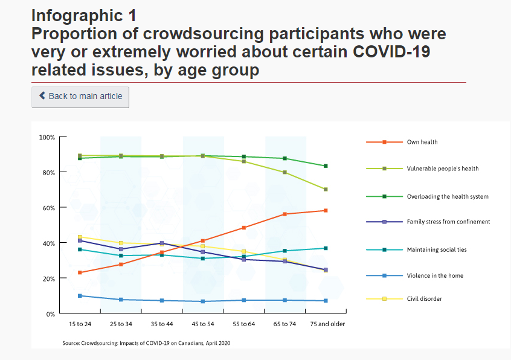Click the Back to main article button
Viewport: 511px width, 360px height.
coord(80,96)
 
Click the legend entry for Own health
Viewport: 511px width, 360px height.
coord(422,142)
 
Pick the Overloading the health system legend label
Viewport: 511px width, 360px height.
coord(447,196)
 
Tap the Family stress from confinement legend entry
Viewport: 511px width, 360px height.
coord(448,222)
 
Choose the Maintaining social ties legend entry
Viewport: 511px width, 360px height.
coord(436,249)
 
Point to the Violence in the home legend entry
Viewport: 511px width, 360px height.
coord(434,275)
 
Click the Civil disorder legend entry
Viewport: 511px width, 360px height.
coord(424,298)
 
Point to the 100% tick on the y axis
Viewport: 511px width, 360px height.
coord(47,138)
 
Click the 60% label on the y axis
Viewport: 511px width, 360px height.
coord(48,208)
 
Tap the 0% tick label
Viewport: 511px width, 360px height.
coord(51,314)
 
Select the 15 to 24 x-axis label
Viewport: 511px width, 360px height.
coord(80,324)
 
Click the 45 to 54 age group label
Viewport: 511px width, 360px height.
coord(202,324)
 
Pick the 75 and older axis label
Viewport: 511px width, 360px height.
coord(326,324)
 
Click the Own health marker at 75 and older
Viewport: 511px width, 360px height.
coord(326,211)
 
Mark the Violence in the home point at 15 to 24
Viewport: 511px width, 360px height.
coord(80,296)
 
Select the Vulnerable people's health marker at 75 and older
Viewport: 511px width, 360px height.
coord(326,190)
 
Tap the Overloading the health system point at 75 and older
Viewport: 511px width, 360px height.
coord(326,166)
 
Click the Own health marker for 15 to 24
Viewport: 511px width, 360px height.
coord(80,273)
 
